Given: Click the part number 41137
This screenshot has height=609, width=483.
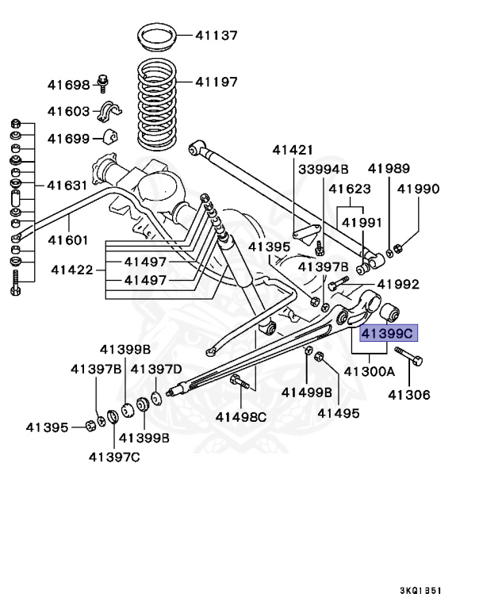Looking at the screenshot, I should pyautogui.click(x=216, y=35).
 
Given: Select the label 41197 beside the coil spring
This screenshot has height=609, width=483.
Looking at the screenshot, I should pyautogui.click(x=216, y=81).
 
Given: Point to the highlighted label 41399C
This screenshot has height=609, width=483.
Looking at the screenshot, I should pyautogui.click(x=389, y=334).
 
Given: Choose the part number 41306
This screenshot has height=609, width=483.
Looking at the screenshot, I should pyautogui.click(x=409, y=394).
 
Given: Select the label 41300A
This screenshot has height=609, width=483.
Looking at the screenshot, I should pyautogui.click(x=370, y=371).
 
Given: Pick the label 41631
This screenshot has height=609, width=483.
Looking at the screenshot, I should pyautogui.click(x=68, y=186).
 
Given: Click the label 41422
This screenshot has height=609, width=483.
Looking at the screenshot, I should pyautogui.click(x=72, y=270).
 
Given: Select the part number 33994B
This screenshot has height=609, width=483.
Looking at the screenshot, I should pyautogui.click(x=324, y=169).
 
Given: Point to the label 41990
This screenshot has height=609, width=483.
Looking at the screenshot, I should pyautogui.click(x=418, y=189).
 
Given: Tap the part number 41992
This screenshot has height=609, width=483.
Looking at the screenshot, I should pyautogui.click(x=398, y=284).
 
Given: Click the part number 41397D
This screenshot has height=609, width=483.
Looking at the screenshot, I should pyautogui.click(x=155, y=369).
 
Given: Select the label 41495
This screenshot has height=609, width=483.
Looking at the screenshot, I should pyautogui.click(x=339, y=412).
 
